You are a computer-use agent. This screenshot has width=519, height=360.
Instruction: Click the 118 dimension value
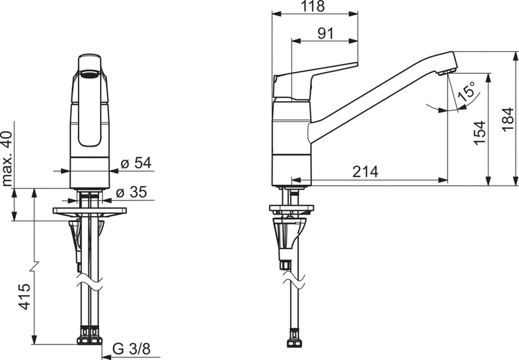[x=313, y=6]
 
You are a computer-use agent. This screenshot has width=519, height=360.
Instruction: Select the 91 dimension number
[x=326, y=34]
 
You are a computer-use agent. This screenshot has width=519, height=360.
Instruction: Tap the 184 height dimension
[x=508, y=119]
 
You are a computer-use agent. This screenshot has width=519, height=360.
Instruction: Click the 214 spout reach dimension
[x=365, y=172]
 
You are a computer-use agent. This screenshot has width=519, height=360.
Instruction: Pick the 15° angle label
[x=466, y=91]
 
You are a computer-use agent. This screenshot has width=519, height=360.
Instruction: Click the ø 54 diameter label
[x=136, y=163]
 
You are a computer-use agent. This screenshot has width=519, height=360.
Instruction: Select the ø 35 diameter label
[x=132, y=192]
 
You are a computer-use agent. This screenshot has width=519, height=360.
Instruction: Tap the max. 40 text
[x=7, y=158]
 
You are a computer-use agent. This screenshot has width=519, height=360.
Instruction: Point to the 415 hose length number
[x=24, y=297]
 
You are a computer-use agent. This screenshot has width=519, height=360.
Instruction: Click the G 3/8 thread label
[x=132, y=348]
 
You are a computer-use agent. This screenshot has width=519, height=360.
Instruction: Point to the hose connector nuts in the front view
[x=90, y=335]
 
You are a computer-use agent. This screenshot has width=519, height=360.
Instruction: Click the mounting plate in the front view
[x=90, y=211]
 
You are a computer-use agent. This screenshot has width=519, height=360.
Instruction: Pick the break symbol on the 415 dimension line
[x=35, y=267]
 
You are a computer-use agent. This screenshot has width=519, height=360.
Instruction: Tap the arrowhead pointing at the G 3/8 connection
[x=107, y=357]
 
